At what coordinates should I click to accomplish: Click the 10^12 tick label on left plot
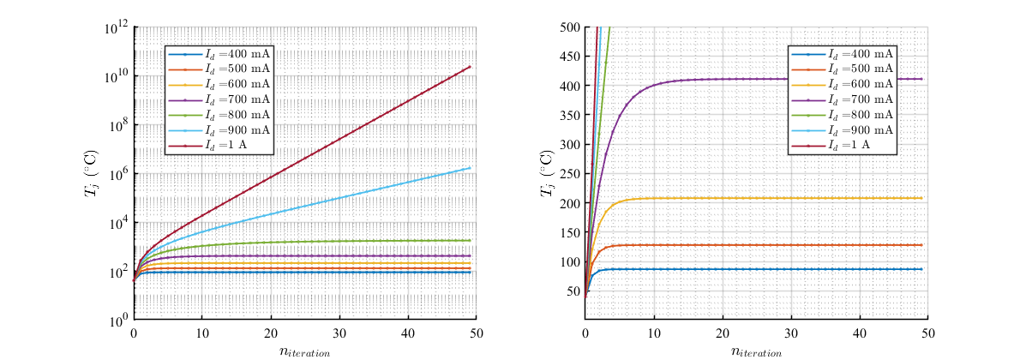(116, 28)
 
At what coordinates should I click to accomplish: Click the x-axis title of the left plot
(304, 351)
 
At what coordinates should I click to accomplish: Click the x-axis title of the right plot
(756, 351)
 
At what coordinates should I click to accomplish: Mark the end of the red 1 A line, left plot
(470, 67)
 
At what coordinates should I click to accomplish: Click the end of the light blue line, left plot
(470, 168)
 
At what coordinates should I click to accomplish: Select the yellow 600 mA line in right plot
(771, 198)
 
